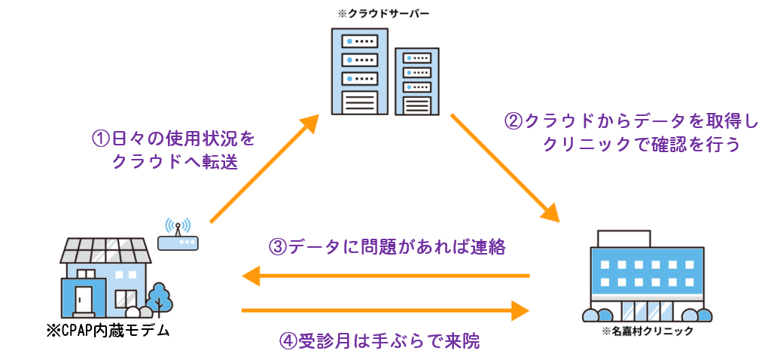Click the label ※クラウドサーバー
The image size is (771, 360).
tap(384, 14)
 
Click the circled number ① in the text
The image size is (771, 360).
tap(101, 139)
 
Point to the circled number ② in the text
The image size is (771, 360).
tap(512, 121)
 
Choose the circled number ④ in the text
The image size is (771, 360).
tap(289, 341)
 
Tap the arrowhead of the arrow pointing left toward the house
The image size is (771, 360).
tap(251, 276)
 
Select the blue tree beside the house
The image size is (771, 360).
tap(159, 297)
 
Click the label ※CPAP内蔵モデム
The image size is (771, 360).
tap(108, 331)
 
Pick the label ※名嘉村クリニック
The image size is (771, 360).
tap(647, 331)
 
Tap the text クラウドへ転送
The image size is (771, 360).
tap(175, 162)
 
